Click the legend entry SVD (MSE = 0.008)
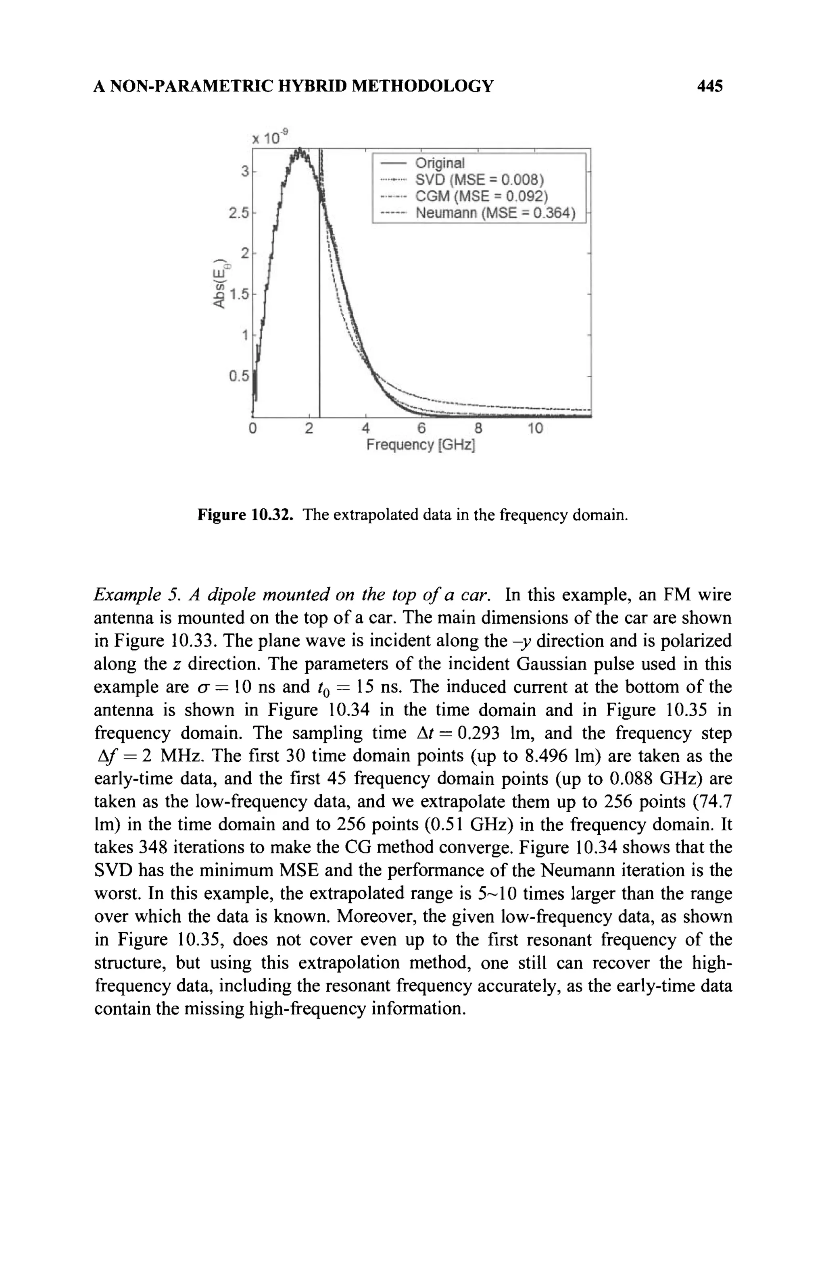point(479,179)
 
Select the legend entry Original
point(440,162)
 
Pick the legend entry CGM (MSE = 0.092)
point(481,196)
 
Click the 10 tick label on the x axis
point(534,429)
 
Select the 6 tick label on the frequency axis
point(421,429)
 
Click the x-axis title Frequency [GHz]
point(421,445)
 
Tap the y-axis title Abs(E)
point(219,283)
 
